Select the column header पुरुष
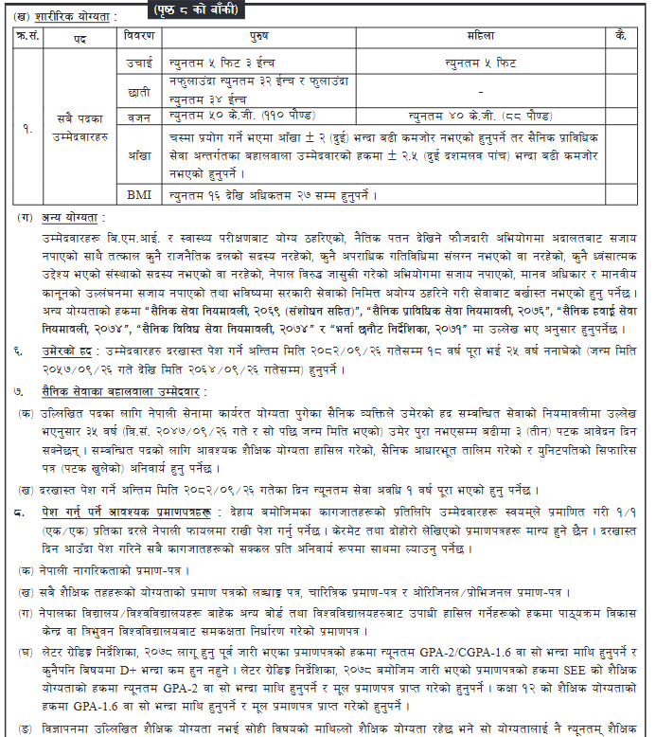coord(258,35)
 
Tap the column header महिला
coord(480,35)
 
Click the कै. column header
coord(620,35)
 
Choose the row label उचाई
coord(140,61)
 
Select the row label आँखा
coord(140,155)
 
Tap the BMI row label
coord(140,195)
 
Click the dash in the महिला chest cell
coord(481,91)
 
